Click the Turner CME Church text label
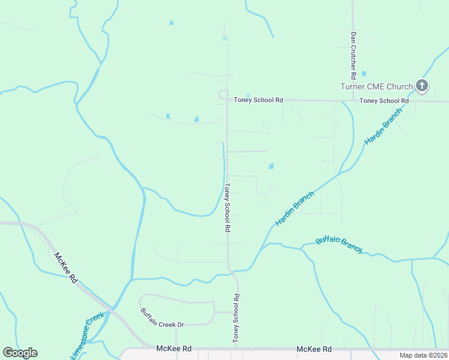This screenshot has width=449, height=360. click(376, 86)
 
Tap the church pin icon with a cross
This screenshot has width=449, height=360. click(422, 86)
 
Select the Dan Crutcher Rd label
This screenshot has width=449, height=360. click(354, 52)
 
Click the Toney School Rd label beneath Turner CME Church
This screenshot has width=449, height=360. click(384, 101)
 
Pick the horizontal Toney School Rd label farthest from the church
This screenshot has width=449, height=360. click(258, 100)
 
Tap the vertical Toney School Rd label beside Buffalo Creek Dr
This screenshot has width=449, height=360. click(237, 319)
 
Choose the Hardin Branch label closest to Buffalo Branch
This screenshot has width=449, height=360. click(295, 208)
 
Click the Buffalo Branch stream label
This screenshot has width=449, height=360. click(339, 245)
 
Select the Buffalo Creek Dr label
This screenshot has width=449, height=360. click(162, 317)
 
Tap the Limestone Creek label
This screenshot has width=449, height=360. click(88, 335)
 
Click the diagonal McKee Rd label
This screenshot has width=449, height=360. click(65, 268)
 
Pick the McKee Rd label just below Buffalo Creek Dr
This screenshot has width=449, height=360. click(173, 349)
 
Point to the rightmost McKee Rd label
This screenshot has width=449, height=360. click(315, 349)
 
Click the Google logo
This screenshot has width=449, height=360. click(20, 353)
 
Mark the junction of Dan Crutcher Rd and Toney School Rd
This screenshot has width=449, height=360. click(353, 101)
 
